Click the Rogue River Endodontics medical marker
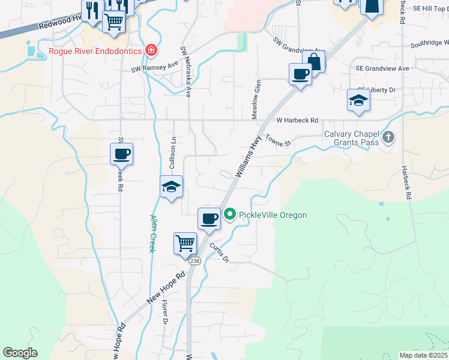pos(151,51)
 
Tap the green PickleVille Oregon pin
pos(229,214)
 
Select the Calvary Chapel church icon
pos(388,138)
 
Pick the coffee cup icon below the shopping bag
pos(300,74)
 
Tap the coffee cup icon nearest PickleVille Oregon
pos(209,219)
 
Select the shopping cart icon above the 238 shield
pos(185,244)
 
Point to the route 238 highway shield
pos(194,262)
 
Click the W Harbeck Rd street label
pos(297,120)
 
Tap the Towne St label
pos(279,140)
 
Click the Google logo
pos(20,353)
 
